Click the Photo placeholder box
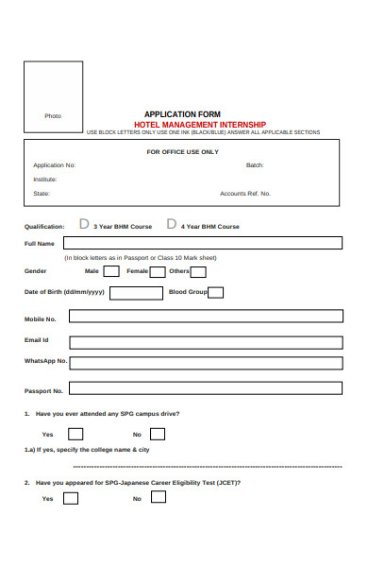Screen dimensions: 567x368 (x=53, y=98)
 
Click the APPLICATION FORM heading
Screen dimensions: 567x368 (x=182, y=113)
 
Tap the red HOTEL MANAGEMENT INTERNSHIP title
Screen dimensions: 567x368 (x=200, y=124)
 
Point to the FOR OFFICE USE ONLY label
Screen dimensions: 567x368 (x=182, y=151)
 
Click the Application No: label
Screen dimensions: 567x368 (x=54, y=164)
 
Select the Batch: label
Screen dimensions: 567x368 (x=255, y=164)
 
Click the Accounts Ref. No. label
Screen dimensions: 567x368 (x=245, y=194)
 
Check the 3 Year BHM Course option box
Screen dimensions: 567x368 (x=84, y=225)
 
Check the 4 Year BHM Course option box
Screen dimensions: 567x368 (x=172, y=225)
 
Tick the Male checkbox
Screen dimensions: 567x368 (x=111, y=271)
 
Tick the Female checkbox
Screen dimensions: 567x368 (x=158, y=271)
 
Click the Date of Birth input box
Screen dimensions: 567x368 (x=136, y=293)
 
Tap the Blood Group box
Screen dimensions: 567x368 (x=216, y=292)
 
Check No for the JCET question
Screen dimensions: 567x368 (x=158, y=497)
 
